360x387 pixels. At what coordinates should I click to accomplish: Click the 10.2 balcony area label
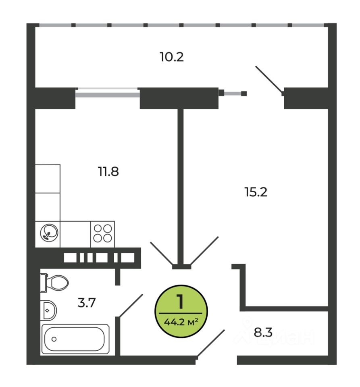[x=171, y=57]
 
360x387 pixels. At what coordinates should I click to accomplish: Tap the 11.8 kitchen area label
[x=108, y=172]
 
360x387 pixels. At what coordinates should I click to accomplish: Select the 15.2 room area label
[x=256, y=191]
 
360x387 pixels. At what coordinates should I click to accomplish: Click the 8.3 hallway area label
[x=263, y=333]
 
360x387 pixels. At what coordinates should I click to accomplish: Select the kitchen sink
[x=48, y=233]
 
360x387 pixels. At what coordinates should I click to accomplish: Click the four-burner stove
[x=102, y=233]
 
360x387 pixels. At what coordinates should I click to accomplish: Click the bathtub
[x=75, y=339]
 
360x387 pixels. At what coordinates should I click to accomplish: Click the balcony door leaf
[x=270, y=79]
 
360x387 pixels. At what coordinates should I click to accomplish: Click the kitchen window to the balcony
[x=107, y=94]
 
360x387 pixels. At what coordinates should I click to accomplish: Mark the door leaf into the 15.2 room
[x=204, y=251]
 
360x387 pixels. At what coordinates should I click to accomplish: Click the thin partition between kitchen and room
[x=181, y=185]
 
